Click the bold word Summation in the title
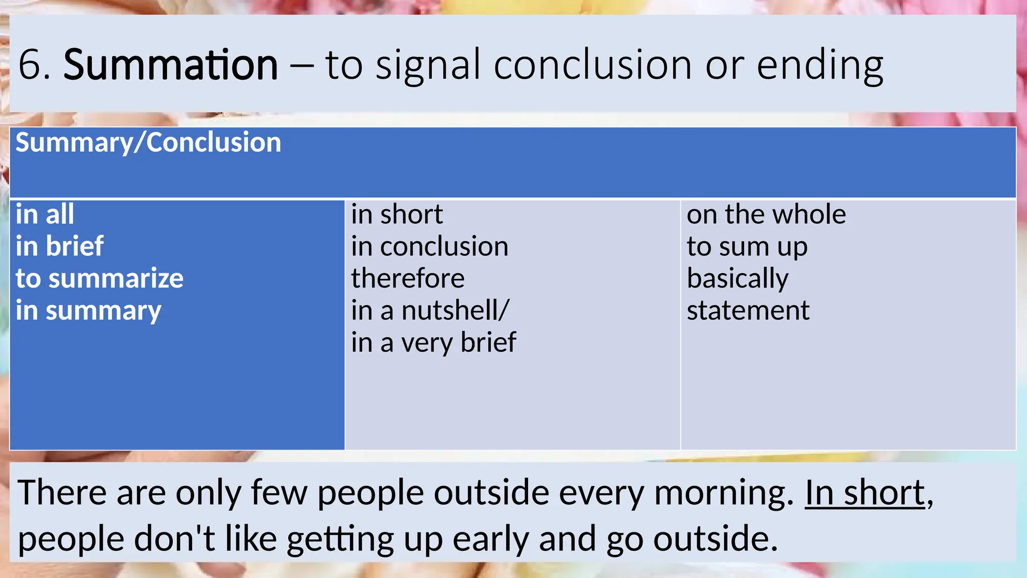coord(170,65)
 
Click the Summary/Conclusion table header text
coord(148,142)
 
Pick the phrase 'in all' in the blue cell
coord(45,214)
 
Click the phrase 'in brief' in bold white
coord(59,246)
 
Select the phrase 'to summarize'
coord(99,278)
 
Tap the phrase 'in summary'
coord(88,311)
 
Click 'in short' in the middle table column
coord(397,214)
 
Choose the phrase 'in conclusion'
coord(429,246)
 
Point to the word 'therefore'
coord(408,278)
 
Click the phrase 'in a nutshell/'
coord(430,311)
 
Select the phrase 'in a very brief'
coord(433,343)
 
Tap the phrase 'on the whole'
coord(766,214)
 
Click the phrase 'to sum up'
coord(747,247)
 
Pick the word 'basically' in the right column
coord(737,278)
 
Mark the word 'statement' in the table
coord(748,311)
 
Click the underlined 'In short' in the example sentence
coord(865,493)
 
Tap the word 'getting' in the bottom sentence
coord(340,539)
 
